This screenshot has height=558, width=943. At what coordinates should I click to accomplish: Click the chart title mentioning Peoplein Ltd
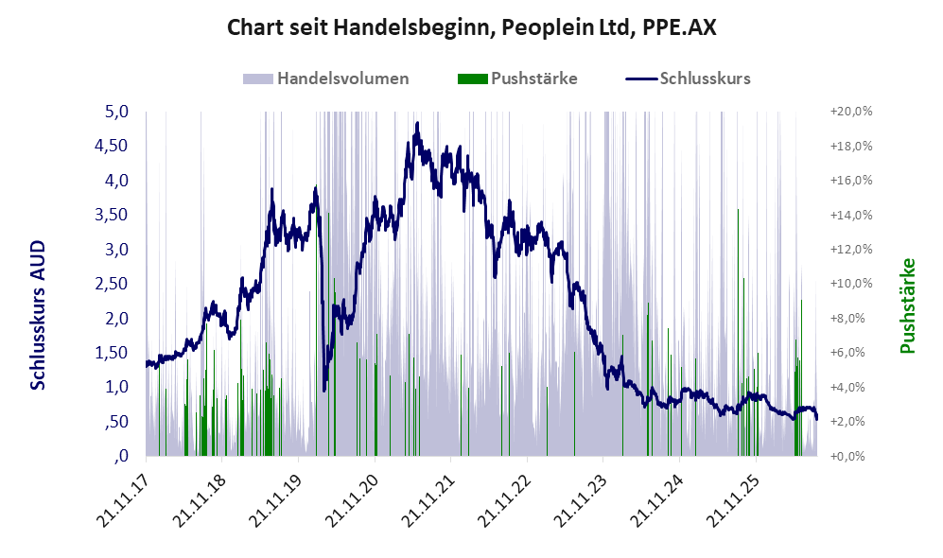coord(471,27)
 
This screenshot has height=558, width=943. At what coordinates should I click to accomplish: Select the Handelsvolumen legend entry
coord(326,78)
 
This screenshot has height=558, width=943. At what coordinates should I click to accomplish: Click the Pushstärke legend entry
coord(517,78)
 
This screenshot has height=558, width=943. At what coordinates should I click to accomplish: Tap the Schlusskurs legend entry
coord(688,78)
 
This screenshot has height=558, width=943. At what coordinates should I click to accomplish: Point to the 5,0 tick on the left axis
coord(116,112)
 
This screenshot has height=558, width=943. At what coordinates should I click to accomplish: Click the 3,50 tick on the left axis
coord(112,215)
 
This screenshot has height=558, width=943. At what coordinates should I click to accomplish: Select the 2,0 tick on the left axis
coord(116,318)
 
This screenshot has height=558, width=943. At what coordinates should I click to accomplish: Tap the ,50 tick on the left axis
coord(116,422)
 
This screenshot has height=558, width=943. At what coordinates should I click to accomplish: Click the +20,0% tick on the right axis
coord(851,112)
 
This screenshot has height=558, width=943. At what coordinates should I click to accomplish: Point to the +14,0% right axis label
coord(851,215)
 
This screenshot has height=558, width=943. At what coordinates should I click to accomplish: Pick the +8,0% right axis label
coord(853,318)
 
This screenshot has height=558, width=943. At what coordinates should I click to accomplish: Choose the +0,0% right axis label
coord(853,456)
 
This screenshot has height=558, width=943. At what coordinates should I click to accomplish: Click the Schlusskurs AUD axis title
coord(38,315)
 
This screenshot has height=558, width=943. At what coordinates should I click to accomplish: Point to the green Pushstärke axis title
coord(907,305)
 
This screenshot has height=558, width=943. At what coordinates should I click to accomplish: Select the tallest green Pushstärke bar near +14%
coord(738,332)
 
